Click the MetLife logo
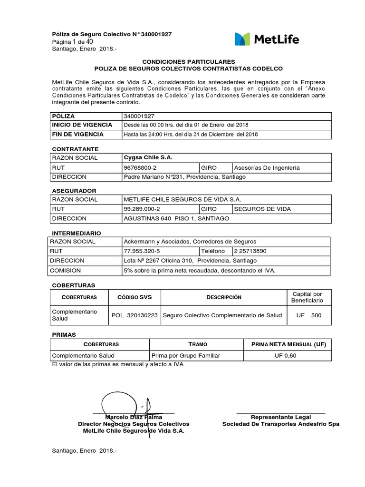267,39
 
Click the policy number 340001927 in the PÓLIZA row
139,116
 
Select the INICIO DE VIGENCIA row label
82,125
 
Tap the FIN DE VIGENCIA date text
190,134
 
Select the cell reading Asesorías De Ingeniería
267,167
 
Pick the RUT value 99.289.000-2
142,209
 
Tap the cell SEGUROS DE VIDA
262,209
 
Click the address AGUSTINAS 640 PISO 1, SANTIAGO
176,218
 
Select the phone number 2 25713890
250,251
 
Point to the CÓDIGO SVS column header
135,297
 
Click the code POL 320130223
135,315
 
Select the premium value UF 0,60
285,355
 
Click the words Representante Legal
280,417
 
